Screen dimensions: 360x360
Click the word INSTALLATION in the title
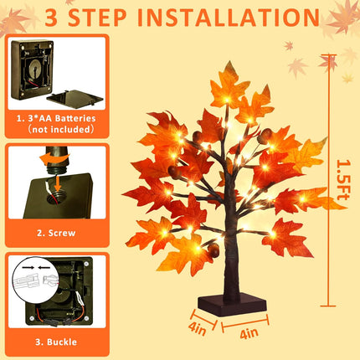click(229, 18)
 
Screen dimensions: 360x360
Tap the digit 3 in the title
click(51, 18)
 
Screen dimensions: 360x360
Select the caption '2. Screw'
click(56, 233)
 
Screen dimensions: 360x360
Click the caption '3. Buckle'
click(56, 342)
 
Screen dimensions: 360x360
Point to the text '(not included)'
click(61, 130)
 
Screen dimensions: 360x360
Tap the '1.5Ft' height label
click(343, 180)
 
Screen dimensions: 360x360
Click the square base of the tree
click(232, 305)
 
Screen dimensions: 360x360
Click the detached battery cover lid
click(75, 98)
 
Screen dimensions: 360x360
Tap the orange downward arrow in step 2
click(58, 183)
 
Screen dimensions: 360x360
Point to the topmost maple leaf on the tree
click(229, 86)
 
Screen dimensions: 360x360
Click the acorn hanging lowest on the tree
click(213, 249)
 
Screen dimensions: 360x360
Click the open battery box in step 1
click(31, 69)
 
